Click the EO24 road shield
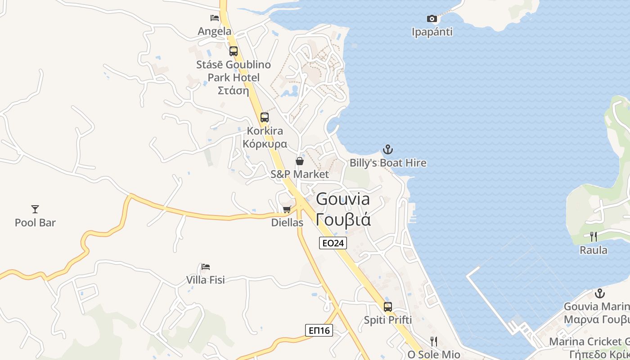333,243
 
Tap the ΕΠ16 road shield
319,330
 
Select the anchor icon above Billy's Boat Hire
388,149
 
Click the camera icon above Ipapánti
432,18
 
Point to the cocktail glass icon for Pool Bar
35,209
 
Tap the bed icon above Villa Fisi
206,266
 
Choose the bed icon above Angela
215,18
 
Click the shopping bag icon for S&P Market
300,161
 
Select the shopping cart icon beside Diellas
287,209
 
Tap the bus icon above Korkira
265,117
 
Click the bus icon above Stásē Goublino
234,51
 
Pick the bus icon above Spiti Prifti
388,307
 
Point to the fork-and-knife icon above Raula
594,237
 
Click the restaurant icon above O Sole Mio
434,341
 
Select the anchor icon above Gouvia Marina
599,293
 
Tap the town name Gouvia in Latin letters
343,199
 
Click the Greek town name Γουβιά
343,220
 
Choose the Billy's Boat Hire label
388,163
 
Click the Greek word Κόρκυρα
265,144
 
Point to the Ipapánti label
432,32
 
